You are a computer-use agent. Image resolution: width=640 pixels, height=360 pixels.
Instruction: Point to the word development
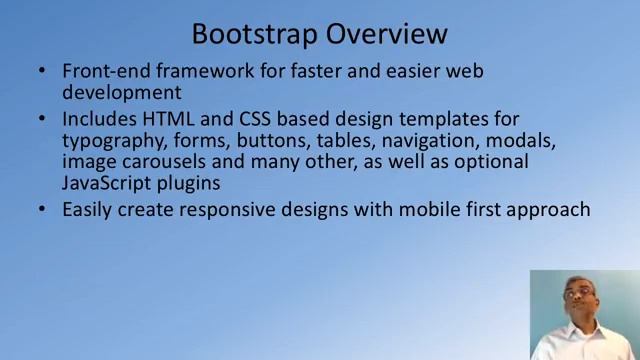point(121,93)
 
